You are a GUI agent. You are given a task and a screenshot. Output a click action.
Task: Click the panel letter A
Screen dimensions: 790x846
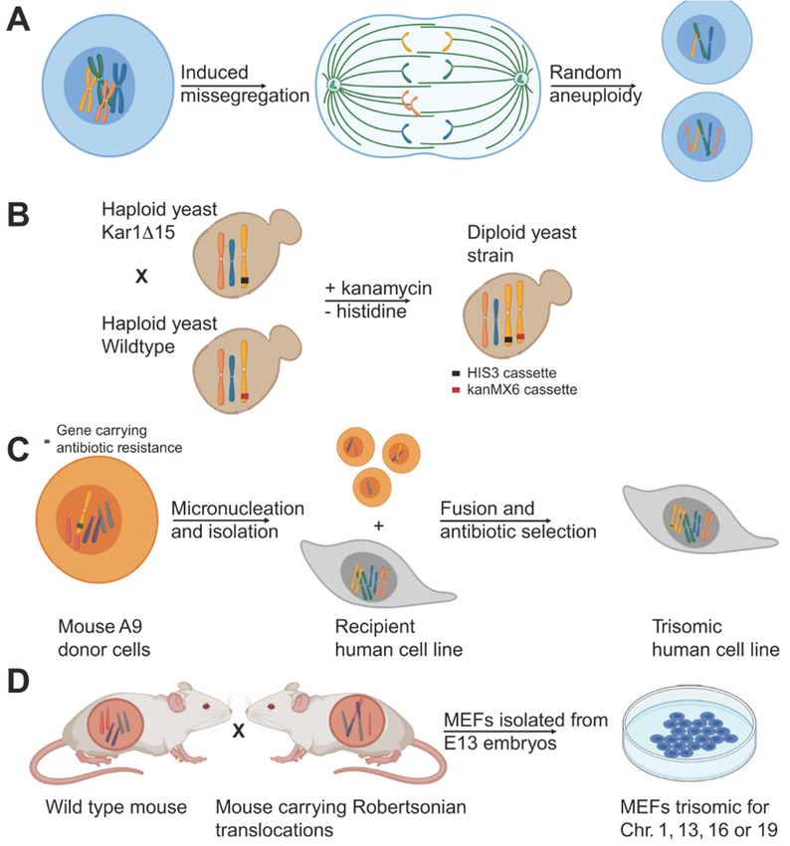[x=18, y=21]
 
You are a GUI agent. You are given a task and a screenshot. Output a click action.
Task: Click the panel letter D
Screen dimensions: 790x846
[x=19, y=683]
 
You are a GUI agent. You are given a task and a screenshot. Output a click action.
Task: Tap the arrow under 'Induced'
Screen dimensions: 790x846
[x=223, y=86]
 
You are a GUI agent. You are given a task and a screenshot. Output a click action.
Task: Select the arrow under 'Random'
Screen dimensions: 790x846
[x=593, y=86]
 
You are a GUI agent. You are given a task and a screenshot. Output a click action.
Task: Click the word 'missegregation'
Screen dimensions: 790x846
[x=245, y=96]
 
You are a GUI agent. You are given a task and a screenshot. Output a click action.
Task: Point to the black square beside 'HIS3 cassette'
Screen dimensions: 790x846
[x=456, y=373]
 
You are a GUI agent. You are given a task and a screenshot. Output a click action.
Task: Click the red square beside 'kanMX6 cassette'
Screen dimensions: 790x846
[x=456, y=389]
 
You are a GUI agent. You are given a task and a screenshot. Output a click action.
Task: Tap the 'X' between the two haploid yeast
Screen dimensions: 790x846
[x=141, y=277]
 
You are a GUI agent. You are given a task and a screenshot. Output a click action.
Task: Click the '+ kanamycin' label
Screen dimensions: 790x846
[x=378, y=288]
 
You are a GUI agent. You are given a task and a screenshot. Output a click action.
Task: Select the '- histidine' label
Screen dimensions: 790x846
[x=365, y=312]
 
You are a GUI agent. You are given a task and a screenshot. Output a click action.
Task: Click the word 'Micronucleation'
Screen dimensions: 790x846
[x=238, y=509]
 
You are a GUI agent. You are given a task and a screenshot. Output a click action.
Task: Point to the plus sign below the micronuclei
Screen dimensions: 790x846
[x=378, y=525]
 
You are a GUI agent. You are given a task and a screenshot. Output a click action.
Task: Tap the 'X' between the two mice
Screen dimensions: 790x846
[x=239, y=732]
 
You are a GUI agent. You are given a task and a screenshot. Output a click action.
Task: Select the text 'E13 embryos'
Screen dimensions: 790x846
[x=499, y=742]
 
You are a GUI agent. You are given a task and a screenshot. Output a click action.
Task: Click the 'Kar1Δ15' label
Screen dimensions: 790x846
[x=138, y=232]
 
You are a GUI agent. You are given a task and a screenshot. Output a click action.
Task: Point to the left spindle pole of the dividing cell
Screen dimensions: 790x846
[x=333, y=84]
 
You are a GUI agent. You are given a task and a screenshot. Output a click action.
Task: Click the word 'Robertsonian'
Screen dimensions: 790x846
[x=409, y=806]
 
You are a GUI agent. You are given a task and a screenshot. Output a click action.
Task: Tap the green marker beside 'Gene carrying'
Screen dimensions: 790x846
[x=48, y=440]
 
